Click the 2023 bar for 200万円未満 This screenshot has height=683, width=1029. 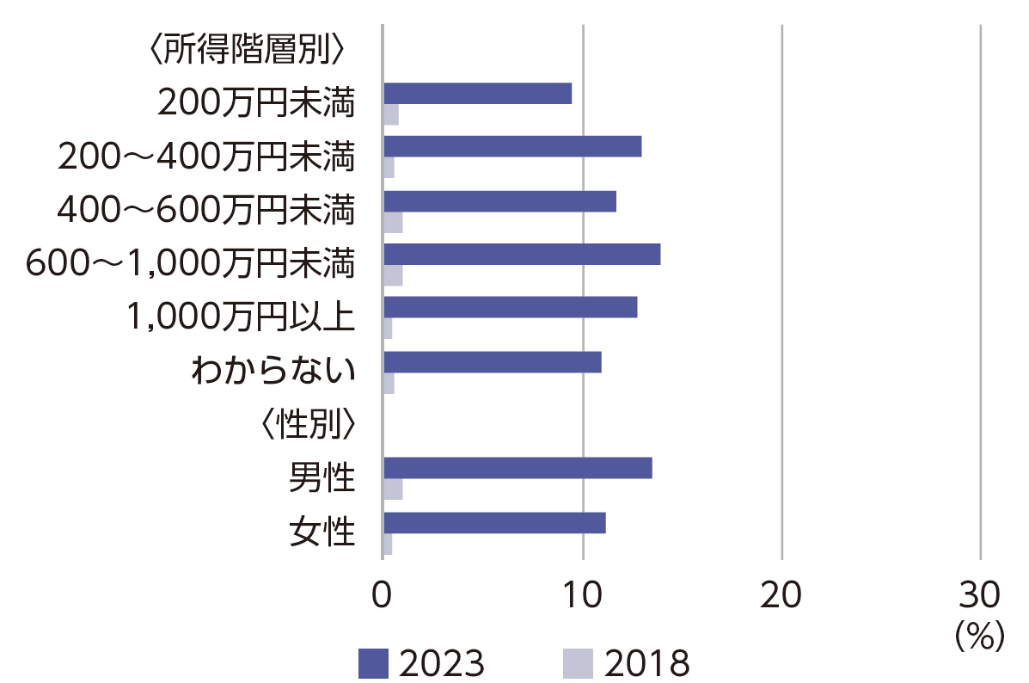click(477, 94)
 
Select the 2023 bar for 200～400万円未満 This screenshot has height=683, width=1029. click(512, 147)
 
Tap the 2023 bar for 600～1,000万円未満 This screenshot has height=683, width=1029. click(522, 255)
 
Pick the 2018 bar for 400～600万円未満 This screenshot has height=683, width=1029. click(393, 223)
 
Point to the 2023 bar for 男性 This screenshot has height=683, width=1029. click(518, 468)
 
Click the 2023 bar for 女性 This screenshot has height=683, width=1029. click(494, 522)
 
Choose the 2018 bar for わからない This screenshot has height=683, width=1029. click(389, 384)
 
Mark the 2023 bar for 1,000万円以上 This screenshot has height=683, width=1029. click(510, 307)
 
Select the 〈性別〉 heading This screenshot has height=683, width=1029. click(308, 424)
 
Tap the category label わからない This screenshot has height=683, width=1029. click(273, 372)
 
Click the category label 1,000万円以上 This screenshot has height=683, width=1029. click(240, 317)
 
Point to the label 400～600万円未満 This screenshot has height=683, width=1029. click(205, 209)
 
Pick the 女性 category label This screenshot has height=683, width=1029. click(322, 532)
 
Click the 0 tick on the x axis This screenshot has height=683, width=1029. click(383, 594)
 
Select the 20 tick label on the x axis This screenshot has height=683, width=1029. click(781, 594)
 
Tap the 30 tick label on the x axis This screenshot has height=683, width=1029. click(980, 594)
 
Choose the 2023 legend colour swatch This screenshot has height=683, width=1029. click(373, 662)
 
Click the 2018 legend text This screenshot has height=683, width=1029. click(647, 663)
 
